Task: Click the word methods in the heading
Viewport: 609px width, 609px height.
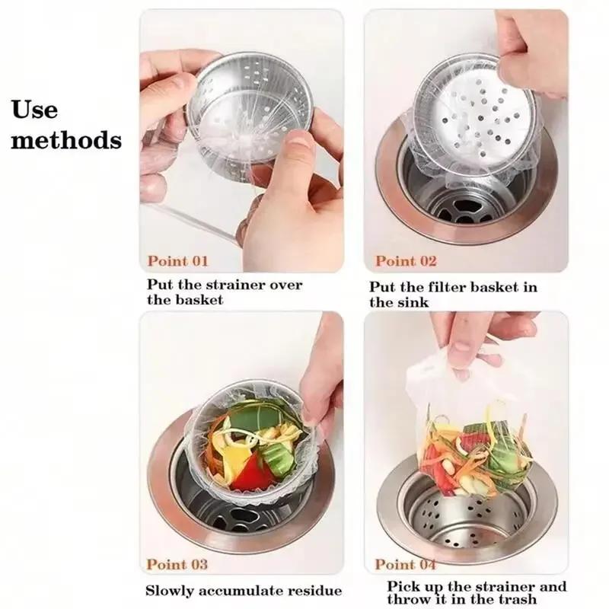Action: pos(66,140)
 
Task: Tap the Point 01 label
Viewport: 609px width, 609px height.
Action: pos(177,261)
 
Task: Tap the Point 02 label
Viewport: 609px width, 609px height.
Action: pos(406,261)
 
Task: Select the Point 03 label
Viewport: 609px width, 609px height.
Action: pos(177,564)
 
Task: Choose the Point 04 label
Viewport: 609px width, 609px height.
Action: pos(406,564)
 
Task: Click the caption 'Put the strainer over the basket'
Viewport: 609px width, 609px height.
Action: pos(225,292)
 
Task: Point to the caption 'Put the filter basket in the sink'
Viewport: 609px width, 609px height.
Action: pos(453,294)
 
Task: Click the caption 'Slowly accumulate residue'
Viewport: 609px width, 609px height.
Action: pos(244,591)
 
